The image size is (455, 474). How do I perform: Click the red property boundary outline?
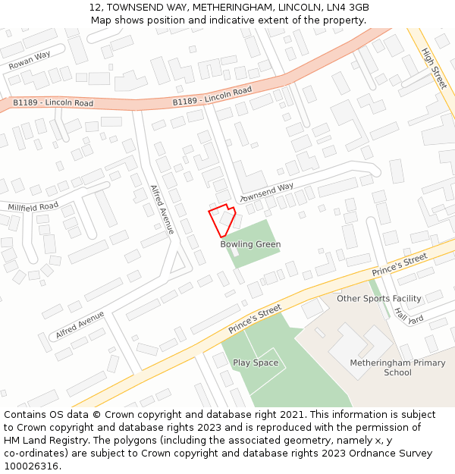(x=222, y=221)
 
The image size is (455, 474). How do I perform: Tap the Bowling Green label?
(x=250, y=244)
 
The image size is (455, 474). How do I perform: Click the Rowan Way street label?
(x=30, y=60)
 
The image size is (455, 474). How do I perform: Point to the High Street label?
(x=434, y=68)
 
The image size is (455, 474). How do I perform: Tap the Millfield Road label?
(x=33, y=206)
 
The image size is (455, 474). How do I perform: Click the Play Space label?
(x=256, y=363)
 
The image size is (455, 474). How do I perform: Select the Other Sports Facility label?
(x=379, y=299)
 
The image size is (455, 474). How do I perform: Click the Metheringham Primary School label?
(x=397, y=368)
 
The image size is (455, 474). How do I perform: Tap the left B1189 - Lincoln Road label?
(x=53, y=102)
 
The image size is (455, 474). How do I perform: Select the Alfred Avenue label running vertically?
(x=162, y=209)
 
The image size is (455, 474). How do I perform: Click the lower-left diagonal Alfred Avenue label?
(x=80, y=325)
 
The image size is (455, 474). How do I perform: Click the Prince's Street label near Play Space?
(x=255, y=319)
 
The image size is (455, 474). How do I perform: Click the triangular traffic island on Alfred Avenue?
(x=179, y=263)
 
